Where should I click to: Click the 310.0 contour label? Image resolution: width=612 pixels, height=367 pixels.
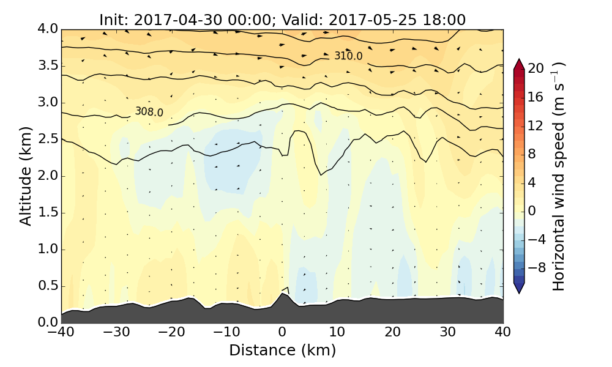tap(348, 56)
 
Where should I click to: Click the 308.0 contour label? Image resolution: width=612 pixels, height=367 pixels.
tap(149, 112)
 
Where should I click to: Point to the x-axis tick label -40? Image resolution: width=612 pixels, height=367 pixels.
tap(61, 333)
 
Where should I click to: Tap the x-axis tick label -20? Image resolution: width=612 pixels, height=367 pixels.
tap(171, 333)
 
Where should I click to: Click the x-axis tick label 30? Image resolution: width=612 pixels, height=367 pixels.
tap(448, 333)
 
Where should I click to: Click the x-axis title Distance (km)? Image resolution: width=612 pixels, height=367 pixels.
tap(282, 350)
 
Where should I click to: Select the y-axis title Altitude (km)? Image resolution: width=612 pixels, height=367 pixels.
tap(26, 176)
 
